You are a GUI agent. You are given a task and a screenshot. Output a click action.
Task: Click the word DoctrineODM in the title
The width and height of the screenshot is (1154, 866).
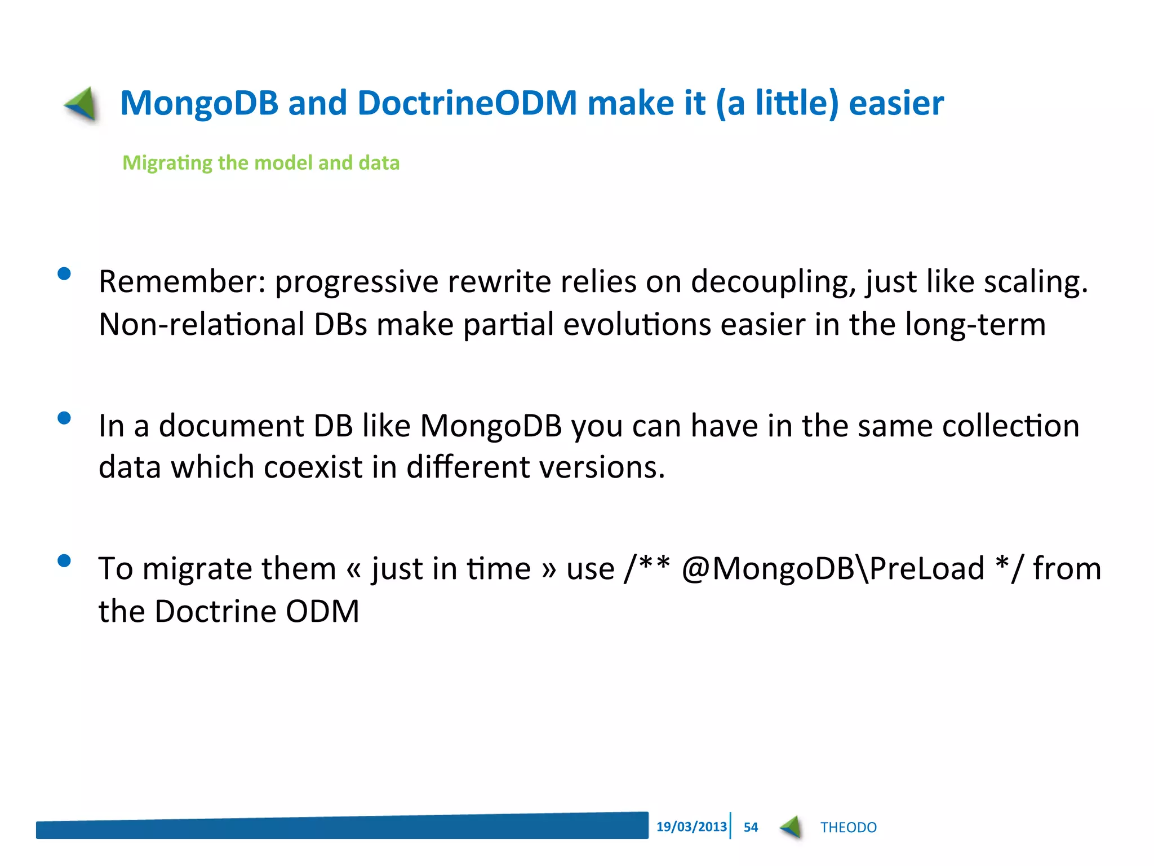tap(467, 103)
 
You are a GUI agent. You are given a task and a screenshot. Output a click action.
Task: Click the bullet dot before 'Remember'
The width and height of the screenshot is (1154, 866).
tap(64, 274)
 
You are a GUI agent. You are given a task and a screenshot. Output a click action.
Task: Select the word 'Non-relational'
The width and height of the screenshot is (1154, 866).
tap(201, 324)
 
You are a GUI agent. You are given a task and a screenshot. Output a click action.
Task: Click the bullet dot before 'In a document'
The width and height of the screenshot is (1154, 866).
tap(64, 418)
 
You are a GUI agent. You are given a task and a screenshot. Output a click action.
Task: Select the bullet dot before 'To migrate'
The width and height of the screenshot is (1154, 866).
tap(64, 560)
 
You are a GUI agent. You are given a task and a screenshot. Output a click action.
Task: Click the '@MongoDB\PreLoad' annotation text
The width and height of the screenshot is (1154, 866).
tap(833, 568)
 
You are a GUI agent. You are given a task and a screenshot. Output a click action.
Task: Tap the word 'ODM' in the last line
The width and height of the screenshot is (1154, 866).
tap(322, 611)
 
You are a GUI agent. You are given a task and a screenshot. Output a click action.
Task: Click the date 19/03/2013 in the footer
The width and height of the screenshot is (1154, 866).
tap(691, 827)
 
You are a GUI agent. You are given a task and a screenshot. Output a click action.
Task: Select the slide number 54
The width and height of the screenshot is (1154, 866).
tap(751, 827)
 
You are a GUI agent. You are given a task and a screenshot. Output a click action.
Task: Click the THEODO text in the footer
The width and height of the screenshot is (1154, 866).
tap(848, 827)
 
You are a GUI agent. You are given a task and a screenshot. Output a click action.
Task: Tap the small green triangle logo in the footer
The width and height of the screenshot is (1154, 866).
tap(792, 827)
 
